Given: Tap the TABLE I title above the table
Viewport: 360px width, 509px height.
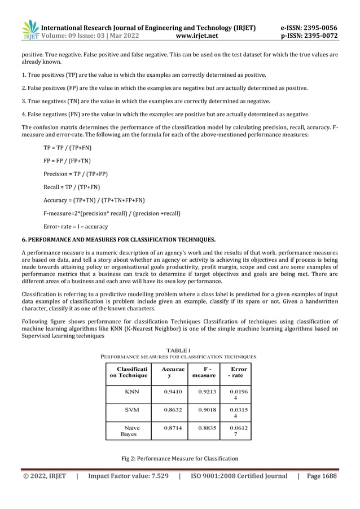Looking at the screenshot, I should click(178, 350).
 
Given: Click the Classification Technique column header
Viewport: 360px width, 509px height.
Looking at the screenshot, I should click(128, 371).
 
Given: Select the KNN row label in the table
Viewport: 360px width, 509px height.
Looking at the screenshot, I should click(131, 390).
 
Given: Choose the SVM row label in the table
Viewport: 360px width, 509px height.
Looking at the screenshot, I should click(131, 410).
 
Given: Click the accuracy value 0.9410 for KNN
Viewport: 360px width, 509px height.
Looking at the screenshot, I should click(172, 390).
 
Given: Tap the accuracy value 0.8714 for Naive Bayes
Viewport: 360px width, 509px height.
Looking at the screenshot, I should click(172, 428).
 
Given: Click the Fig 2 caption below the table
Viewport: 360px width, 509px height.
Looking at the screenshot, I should click(179, 458).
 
